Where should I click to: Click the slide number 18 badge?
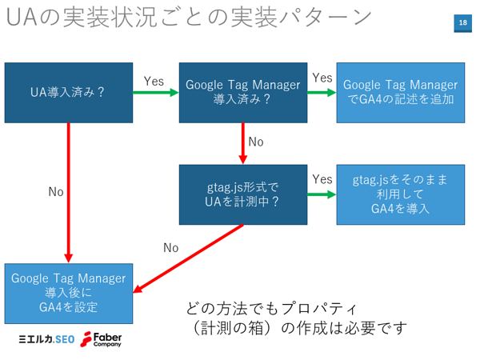coord(462,23)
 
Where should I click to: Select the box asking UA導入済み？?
coord(69,93)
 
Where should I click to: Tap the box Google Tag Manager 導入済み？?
coord(243,93)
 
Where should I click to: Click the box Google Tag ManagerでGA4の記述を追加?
coord(401,93)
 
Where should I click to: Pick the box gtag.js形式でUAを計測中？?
coord(243,194)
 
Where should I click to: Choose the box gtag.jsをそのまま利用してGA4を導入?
coord(401,194)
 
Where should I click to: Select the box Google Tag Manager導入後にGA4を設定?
coord(69,294)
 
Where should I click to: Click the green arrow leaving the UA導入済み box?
coord(156,93)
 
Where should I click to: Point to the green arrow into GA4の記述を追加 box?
coord(322,93)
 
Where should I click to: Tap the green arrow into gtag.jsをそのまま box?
coord(322,194)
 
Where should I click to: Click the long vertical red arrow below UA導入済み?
coord(69,193)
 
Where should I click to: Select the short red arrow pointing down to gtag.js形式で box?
coord(243,143)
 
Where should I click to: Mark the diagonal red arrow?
coord(188,258)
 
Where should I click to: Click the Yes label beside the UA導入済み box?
coord(154,82)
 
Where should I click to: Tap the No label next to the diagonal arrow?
coord(171,248)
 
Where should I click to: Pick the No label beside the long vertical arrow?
coord(56,192)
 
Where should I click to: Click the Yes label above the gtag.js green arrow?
coord(322,179)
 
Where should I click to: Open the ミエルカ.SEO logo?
coord(46,339)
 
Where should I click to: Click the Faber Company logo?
coord(101,339)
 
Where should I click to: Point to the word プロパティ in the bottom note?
coord(318,309)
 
